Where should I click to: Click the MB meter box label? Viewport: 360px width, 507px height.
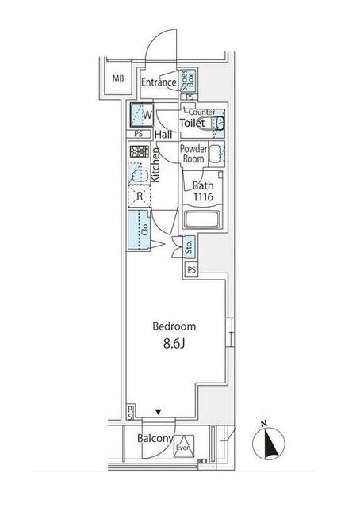point(118,78)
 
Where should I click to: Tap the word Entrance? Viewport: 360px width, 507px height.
point(159,82)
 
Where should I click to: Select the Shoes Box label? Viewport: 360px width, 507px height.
point(188,81)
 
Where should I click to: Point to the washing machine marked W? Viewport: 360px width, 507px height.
point(141,115)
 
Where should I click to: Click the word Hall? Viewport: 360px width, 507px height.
point(163,135)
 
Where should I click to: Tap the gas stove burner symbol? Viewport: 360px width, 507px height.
point(140,151)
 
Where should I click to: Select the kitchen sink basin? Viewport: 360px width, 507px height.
point(140,175)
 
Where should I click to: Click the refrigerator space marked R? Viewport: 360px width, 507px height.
point(140,196)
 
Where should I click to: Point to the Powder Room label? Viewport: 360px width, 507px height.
point(193,154)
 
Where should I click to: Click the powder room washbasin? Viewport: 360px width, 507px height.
point(216,154)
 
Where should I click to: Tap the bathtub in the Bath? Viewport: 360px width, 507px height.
point(203,219)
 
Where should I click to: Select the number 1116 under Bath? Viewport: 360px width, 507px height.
point(203,196)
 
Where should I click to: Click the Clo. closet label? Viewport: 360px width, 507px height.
point(145,229)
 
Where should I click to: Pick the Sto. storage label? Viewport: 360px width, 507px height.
point(189,247)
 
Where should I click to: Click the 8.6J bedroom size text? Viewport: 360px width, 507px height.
point(174,344)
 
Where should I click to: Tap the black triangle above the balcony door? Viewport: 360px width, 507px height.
point(158,412)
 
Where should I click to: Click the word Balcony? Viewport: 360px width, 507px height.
point(155,438)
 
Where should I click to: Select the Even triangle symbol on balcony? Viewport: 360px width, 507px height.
point(183,446)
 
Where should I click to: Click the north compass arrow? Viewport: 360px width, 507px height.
point(269,443)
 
